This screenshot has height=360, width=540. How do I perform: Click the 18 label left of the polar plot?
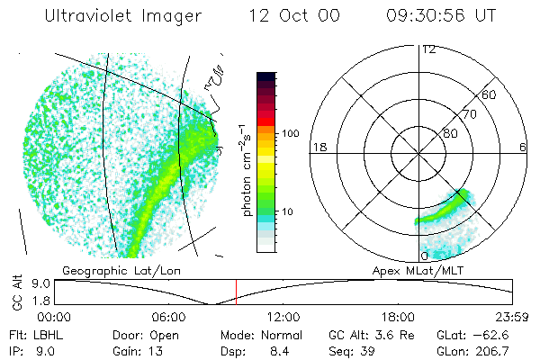318,147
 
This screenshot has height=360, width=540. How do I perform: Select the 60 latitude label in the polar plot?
490,94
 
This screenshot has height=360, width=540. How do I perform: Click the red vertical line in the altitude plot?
236,291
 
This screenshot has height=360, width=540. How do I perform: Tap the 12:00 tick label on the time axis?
283,317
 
